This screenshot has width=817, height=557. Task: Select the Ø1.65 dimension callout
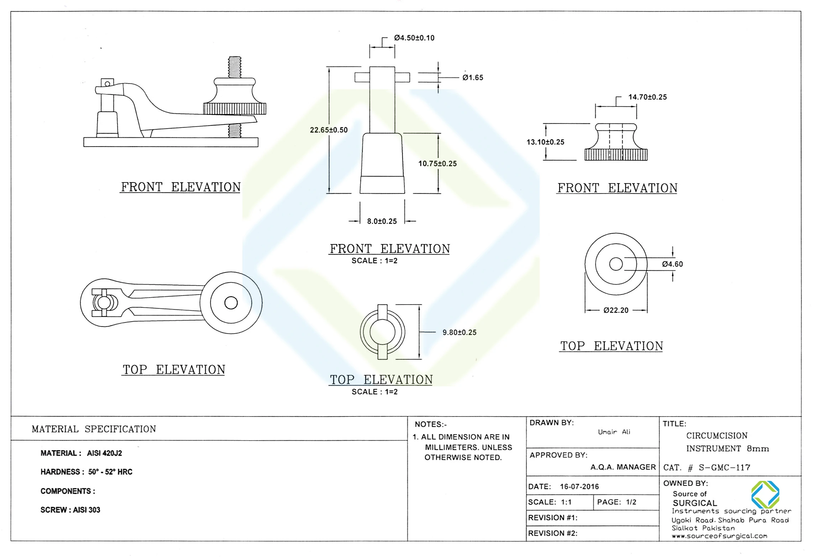[x=472, y=78]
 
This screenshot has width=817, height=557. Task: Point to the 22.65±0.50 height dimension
[x=328, y=130]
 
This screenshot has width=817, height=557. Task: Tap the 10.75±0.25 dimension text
[x=437, y=164]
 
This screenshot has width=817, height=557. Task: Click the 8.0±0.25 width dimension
[x=382, y=221]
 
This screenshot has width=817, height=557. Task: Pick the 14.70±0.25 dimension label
[x=647, y=97]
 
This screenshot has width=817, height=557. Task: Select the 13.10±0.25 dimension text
[x=545, y=142]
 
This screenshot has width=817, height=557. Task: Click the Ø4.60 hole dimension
[x=672, y=264]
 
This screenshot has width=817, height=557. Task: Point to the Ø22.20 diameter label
[x=616, y=310]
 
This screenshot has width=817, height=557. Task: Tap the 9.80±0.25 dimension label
[x=459, y=332]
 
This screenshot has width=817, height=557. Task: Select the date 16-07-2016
[x=579, y=487]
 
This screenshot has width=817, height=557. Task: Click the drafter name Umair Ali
[x=614, y=432]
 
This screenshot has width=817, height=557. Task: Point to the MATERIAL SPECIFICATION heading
[x=94, y=429]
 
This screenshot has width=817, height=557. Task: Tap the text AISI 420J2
[x=104, y=453]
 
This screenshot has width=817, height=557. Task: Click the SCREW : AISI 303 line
[x=70, y=510]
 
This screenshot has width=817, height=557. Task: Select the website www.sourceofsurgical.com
[x=719, y=536]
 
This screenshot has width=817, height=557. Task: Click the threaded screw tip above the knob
[x=235, y=67]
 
